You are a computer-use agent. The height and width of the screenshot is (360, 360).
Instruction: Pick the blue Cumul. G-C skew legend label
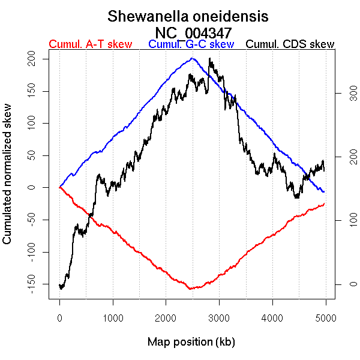[191, 44]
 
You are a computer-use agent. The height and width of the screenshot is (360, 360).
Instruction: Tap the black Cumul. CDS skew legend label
[290, 44]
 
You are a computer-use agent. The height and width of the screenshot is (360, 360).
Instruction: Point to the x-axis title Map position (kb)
[191, 343]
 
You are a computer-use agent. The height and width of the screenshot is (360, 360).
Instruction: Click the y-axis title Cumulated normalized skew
[8, 181]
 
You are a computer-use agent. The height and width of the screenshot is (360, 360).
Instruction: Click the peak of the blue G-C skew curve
[192, 58]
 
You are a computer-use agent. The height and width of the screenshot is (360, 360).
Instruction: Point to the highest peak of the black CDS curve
[209, 59]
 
